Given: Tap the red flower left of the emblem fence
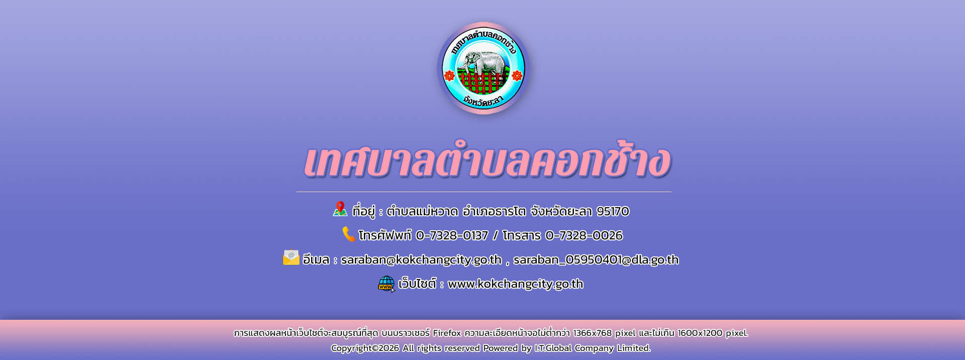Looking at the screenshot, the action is click(x=449, y=75).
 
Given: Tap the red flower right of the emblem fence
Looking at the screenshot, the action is click(x=517, y=75).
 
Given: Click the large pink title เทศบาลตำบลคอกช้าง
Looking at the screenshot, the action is click(x=487, y=162).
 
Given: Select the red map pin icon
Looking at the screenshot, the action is click(x=340, y=209).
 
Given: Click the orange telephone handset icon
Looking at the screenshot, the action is click(x=349, y=234).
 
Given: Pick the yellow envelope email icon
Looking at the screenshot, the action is click(x=291, y=257).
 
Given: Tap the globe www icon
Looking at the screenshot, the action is click(x=387, y=284).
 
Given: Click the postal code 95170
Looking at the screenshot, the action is click(x=613, y=211).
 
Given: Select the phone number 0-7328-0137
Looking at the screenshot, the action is click(x=452, y=235).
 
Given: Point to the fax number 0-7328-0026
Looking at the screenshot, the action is click(x=584, y=235).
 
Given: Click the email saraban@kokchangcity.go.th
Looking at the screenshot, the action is click(x=421, y=260).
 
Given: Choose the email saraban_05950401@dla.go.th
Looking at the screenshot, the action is click(x=596, y=260).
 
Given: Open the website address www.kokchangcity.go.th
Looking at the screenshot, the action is click(x=516, y=284).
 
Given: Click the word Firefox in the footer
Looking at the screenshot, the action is click(x=447, y=333).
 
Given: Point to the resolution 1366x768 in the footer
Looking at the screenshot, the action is click(x=593, y=333).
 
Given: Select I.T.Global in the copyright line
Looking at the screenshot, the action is click(x=553, y=348).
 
